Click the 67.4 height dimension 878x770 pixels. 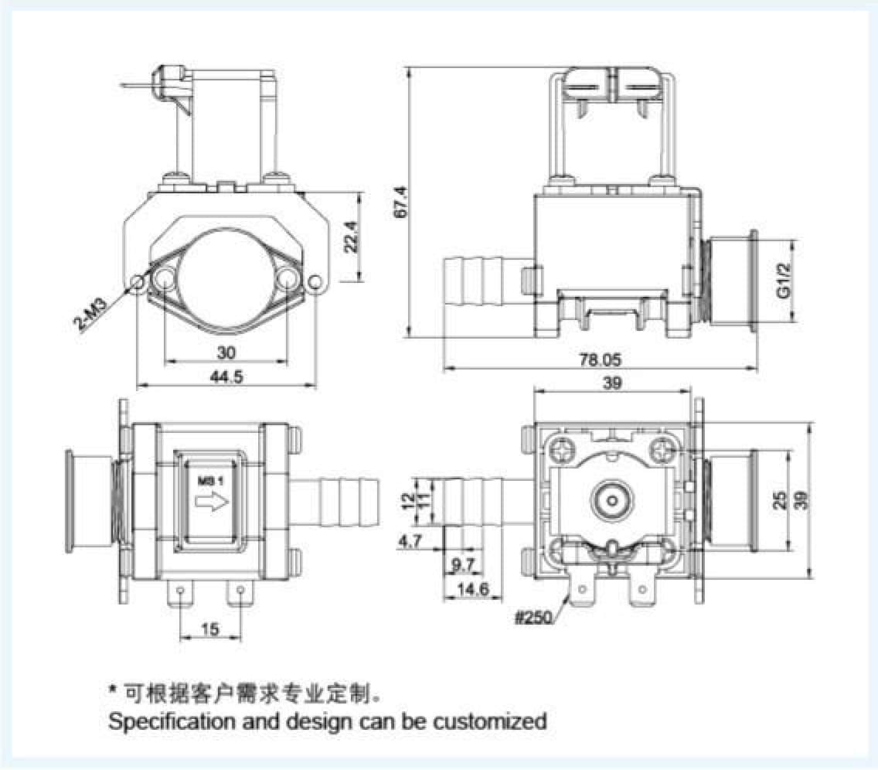399,203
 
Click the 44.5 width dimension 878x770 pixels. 226,376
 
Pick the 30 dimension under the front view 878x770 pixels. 226,353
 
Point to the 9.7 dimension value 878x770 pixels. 462,565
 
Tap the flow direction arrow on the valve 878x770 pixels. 210,503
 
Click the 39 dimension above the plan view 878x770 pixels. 611,383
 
